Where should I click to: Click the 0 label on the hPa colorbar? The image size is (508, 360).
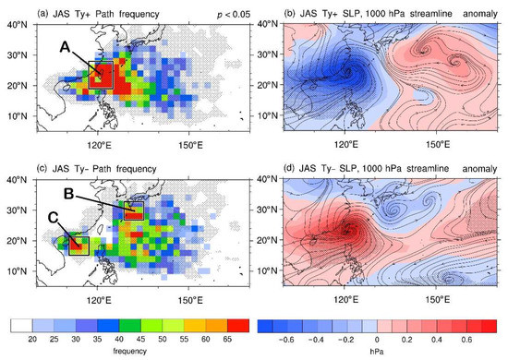coord(379,340)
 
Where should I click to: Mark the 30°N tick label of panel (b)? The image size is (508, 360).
coord(268,55)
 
